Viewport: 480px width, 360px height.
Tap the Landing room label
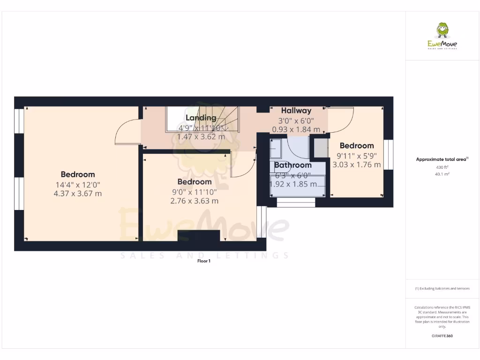click(x=201, y=118)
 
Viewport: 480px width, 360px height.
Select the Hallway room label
click(x=296, y=111)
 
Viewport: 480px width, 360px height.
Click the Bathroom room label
click(x=292, y=165)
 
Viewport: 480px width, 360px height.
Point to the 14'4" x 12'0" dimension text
click(x=77, y=185)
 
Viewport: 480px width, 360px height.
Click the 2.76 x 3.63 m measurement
click(x=194, y=201)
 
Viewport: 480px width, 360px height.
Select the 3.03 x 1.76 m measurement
click(x=356, y=165)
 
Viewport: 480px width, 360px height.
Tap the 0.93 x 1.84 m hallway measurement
click(x=296, y=129)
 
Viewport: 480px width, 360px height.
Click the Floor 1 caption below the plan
click(x=203, y=261)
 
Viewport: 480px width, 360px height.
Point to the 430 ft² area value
click(x=442, y=167)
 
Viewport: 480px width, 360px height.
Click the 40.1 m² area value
click(x=442, y=174)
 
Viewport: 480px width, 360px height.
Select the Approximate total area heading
click(x=442, y=159)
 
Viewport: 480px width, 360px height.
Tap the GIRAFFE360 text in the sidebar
click(x=442, y=336)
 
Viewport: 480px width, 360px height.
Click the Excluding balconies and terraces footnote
click(x=442, y=288)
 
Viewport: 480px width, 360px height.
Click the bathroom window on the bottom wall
click(x=296, y=202)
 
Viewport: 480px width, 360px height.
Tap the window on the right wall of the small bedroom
click(x=389, y=155)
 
